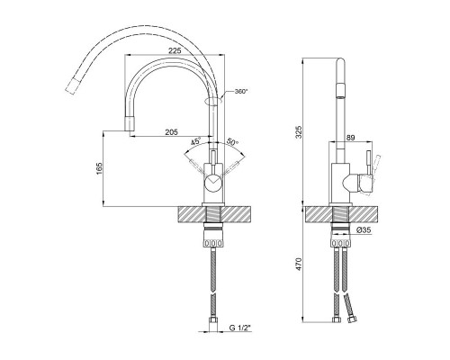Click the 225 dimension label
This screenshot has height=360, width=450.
pos(175,50)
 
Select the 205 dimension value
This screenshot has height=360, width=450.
pos(171,131)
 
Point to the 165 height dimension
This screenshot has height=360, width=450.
pos(100,169)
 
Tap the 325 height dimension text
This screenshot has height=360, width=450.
pos(299,132)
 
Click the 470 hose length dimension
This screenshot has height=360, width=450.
pos(299,264)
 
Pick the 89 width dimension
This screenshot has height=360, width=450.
pos(350,138)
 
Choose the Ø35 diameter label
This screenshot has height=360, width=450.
pos(364,230)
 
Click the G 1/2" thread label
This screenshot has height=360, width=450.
pos(239,328)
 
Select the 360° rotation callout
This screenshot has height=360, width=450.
pos(241,91)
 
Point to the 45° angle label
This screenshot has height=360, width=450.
pos(196,141)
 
